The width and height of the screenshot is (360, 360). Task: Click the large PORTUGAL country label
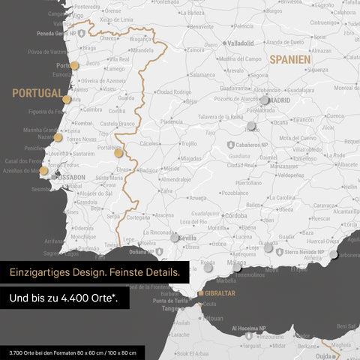coord(36,93)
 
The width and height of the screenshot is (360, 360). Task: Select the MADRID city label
coord(279,99)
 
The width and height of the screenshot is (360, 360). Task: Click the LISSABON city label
coord(68,177)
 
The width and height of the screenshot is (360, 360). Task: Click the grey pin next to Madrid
coord(264,100)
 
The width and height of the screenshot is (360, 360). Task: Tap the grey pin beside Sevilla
coord(174,237)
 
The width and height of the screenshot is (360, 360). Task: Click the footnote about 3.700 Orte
coord(73,352)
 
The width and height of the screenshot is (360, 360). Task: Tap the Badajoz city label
coord(148,170)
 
